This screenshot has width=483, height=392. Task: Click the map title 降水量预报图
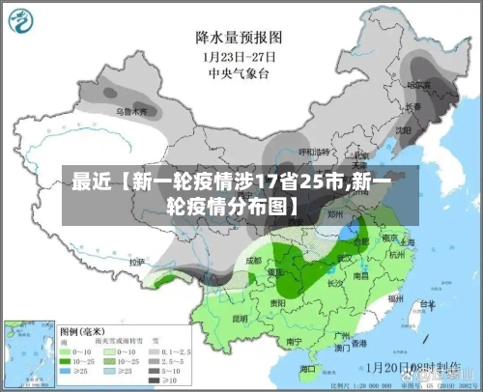(238, 38)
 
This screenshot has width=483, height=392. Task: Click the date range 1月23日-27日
(238, 56)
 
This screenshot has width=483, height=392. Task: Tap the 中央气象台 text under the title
(238, 72)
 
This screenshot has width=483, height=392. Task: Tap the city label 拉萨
(137, 261)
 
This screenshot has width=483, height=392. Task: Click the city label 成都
(253, 260)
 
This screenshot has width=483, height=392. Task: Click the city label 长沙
(336, 284)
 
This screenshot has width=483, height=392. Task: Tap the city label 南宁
(296, 340)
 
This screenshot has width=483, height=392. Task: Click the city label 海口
(308, 369)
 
